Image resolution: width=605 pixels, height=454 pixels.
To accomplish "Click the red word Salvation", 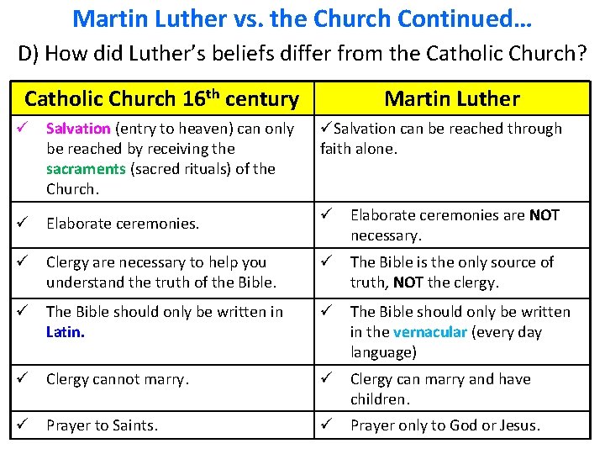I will coord(78,129).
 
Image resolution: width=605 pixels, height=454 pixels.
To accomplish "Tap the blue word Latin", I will coord(66,332).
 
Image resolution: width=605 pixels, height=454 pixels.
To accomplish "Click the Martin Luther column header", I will coord(452,99).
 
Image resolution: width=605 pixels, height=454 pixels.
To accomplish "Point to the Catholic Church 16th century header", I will coord(161,99).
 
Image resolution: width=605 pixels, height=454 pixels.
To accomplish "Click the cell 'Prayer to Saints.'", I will coord(102,425).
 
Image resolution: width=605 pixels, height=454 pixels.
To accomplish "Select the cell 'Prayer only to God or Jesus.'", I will coord(445,425).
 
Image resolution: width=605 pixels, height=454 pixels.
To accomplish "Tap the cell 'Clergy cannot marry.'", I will coord(118,379).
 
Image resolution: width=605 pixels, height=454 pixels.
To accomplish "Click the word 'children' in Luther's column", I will coord(379,399).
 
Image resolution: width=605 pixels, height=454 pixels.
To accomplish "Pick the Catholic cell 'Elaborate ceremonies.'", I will coord(123,224).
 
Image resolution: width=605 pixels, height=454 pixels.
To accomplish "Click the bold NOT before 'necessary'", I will coord(544,215).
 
